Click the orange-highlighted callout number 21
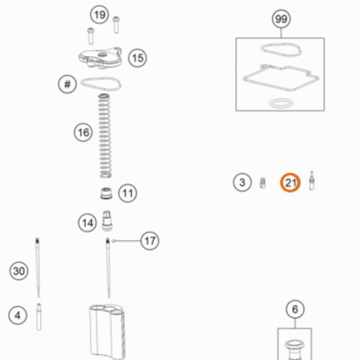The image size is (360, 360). [290, 183]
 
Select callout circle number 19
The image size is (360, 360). [99, 15]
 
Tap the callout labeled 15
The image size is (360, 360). [138, 58]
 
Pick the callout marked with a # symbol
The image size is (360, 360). [68, 84]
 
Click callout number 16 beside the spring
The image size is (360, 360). [84, 132]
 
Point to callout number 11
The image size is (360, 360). [127, 193]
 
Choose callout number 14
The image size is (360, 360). [87, 222]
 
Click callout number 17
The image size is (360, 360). [150, 240]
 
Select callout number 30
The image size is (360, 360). [19, 271]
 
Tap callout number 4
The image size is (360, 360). [17, 315]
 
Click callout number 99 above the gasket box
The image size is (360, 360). [282, 19]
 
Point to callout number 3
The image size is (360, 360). [243, 182]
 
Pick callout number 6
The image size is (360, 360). [295, 309]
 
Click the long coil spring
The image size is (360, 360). [105, 136]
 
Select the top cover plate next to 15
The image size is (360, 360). [100, 58]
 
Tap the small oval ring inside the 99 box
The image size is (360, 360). [281, 104]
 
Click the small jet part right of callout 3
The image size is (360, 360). [263, 183]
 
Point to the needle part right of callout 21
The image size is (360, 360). [312, 181]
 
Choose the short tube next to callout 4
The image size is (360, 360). [39, 317]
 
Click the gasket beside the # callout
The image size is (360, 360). [101, 84]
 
